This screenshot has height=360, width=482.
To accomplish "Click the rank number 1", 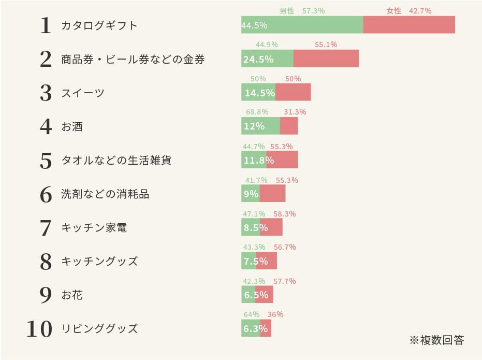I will [46, 26].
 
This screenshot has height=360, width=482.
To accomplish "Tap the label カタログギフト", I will [99, 25].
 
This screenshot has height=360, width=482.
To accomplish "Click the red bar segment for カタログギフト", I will [409, 25].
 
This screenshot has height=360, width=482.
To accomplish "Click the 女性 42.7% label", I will [408, 11].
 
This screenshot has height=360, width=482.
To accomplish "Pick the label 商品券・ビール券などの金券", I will [133, 59].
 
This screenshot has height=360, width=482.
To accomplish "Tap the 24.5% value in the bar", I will [258, 59].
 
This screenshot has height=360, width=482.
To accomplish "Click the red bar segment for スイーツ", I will [293, 92].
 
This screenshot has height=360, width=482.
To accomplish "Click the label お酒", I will [72, 126].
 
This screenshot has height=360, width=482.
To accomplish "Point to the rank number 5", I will [46, 161].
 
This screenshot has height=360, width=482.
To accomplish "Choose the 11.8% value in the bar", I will [255, 160].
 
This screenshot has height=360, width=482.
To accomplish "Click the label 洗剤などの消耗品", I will [105, 194].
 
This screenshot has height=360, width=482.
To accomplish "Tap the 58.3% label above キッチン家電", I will [285, 213].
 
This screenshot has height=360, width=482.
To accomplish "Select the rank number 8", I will [46, 262].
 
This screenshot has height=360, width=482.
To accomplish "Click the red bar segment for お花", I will [264, 294].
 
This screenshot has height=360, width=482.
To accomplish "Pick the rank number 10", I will [40, 329].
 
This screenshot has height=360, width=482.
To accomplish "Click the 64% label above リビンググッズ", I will [251, 314].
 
